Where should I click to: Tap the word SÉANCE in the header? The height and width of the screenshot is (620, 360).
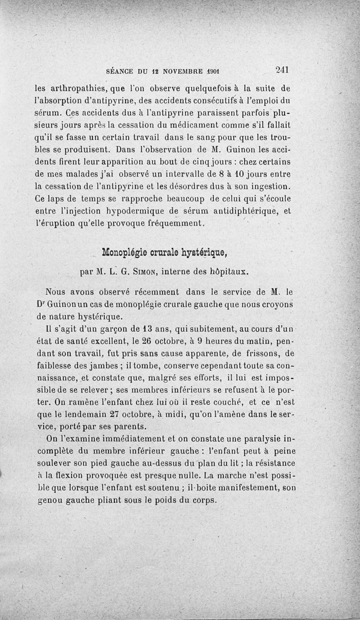[x=118, y=71]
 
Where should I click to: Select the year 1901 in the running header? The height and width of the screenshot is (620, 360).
[x=209, y=71]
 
